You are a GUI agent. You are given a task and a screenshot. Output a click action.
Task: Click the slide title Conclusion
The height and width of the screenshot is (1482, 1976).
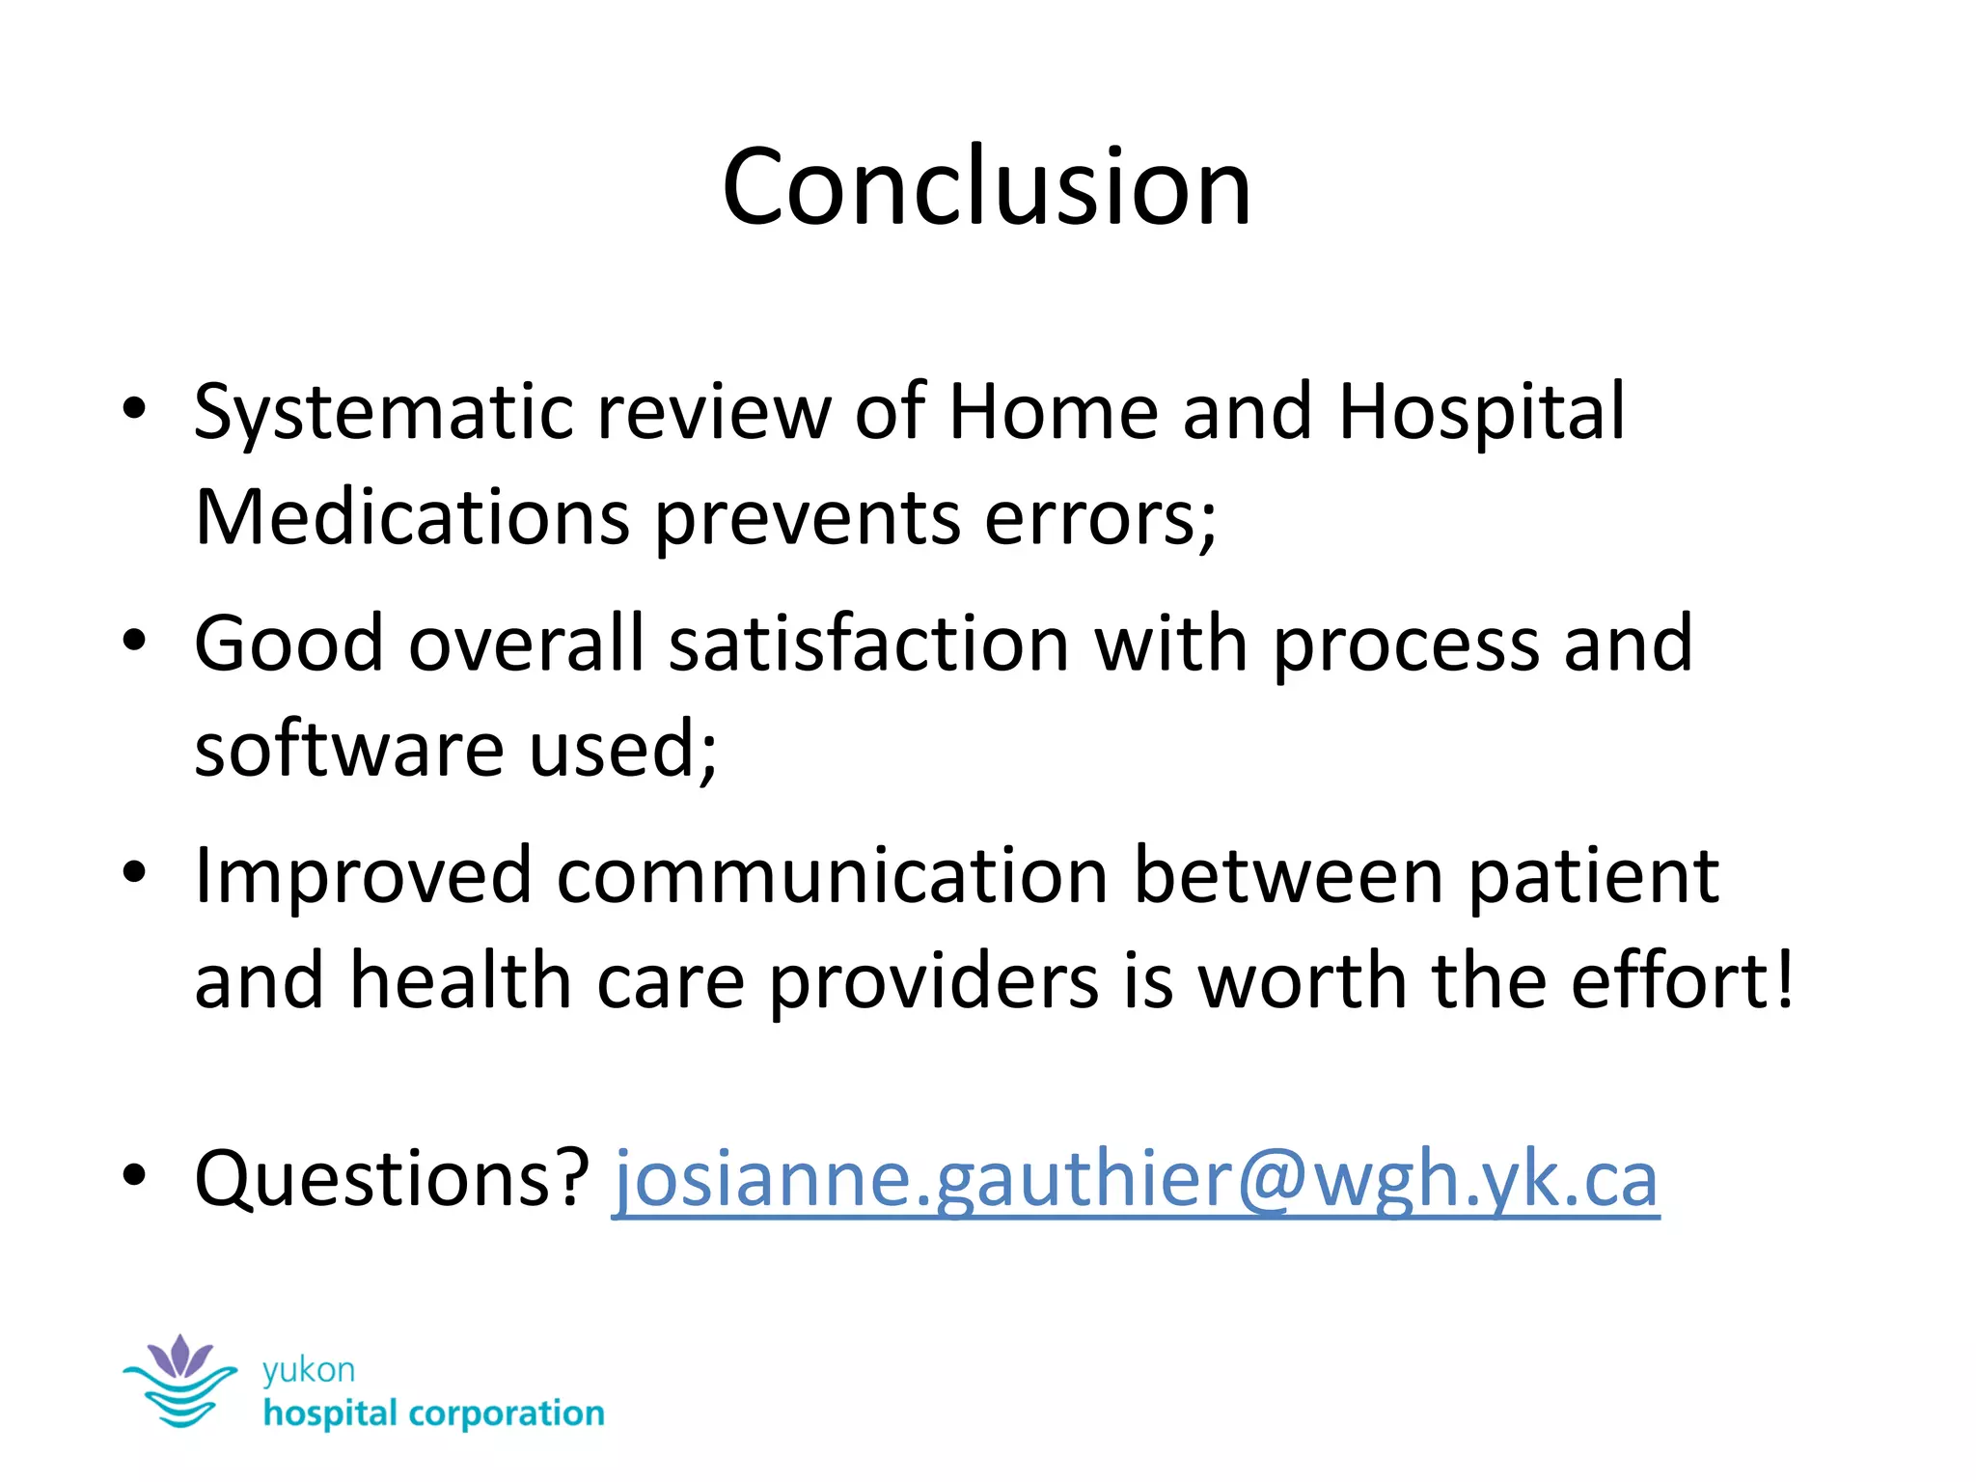click(x=986, y=187)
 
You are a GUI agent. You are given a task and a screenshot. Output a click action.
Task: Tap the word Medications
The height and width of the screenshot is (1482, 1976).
click(x=412, y=518)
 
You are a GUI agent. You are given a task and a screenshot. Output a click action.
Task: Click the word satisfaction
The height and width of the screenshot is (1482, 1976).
click(x=868, y=644)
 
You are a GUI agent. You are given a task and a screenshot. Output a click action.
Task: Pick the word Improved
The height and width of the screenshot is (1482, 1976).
click(x=363, y=876)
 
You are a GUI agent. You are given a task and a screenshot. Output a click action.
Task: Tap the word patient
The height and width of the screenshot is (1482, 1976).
click(x=1593, y=876)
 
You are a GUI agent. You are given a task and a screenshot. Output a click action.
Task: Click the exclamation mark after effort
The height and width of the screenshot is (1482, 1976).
click(x=1785, y=979)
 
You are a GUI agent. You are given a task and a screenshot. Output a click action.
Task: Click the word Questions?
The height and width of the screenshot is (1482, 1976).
click(x=392, y=1179)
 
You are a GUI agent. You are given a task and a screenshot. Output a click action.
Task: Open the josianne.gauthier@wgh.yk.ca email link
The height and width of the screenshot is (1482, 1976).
click(x=1136, y=1179)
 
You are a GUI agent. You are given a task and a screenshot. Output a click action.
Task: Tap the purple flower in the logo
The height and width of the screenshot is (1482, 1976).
click(x=179, y=1357)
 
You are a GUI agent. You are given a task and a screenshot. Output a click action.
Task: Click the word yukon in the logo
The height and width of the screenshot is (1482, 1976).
click(x=309, y=1370)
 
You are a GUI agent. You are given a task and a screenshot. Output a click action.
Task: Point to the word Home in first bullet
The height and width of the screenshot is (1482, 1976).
click(x=1053, y=413)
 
